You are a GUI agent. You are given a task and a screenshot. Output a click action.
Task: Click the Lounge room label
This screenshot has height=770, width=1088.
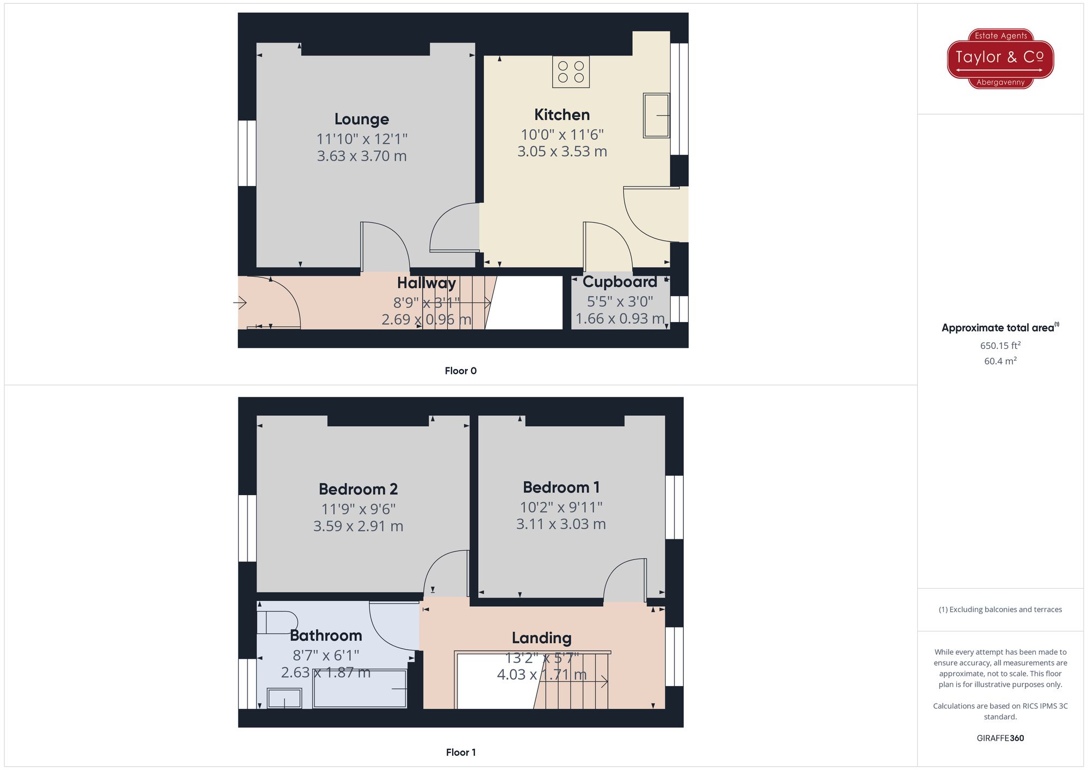click(361, 119)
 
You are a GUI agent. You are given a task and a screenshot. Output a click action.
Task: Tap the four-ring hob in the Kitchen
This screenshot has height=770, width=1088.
click(571, 72)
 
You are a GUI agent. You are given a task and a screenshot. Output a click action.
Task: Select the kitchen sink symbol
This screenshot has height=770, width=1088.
click(656, 115)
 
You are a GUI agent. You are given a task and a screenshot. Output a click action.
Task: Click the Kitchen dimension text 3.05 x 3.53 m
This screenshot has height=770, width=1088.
click(562, 151)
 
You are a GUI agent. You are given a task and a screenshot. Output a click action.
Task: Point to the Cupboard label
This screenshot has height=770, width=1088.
click(620, 282)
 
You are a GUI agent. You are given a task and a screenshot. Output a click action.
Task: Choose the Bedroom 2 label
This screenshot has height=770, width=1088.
click(358, 489)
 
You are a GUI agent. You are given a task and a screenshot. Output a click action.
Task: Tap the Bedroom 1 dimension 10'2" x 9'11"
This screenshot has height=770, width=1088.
click(561, 507)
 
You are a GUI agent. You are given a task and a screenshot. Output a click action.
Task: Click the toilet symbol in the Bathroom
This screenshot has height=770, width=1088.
click(277, 623)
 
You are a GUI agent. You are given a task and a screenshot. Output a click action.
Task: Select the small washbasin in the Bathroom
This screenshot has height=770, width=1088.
click(285, 698)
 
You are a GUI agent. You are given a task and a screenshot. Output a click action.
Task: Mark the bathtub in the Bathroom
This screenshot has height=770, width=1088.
click(360, 689)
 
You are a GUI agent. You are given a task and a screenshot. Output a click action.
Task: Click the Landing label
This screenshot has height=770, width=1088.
click(541, 638)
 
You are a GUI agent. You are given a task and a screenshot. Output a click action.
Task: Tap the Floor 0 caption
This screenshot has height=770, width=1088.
click(460, 371)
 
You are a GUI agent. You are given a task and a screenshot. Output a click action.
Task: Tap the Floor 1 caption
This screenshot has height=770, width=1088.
click(460, 753)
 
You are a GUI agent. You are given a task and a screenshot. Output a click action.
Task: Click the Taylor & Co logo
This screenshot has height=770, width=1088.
click(1000, 59)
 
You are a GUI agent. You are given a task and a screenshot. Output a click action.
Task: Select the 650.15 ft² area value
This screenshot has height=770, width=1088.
click(1000, 346)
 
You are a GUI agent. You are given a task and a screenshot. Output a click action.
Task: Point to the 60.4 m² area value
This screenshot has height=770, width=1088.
click(1000, 361)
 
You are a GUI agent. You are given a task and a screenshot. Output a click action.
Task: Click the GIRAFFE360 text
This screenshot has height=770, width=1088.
click(1000, 738)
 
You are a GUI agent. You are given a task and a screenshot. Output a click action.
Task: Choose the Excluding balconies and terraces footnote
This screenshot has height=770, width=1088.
click(1000, 609)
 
